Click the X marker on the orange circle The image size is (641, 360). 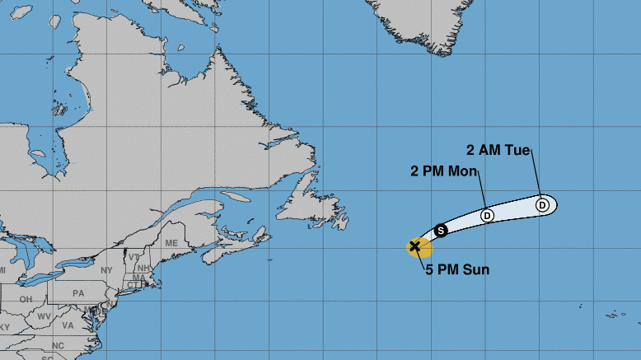(415, 245)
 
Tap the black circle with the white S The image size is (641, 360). (441, 230)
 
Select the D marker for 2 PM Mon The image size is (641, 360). (487, 215)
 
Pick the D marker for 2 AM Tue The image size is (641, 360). (542, 204)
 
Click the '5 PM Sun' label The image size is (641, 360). (457, 269)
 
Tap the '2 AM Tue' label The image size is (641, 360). (498, 151)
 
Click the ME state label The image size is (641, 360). (171, 243)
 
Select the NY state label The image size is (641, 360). (106, 270)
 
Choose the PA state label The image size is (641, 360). (79, 292)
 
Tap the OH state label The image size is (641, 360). (26, 299)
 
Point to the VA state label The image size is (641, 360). (68, 325)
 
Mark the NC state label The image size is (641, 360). (58, 345)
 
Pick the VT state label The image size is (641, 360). (133, 257)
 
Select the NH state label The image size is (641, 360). (143, 268)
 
